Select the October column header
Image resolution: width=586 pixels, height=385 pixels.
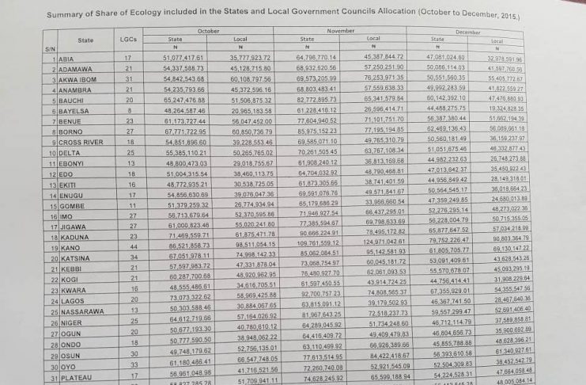tap(209, 30)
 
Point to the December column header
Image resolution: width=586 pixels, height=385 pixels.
tap(468, 31)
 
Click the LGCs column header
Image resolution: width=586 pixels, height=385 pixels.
tap(127, 38)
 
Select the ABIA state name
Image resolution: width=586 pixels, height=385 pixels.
tap(66, 59)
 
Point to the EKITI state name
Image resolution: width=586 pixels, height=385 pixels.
tap(66, 183)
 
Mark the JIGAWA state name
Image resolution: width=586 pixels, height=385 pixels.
tap(71, 226)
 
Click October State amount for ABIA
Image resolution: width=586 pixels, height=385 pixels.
tap(183, 58)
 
